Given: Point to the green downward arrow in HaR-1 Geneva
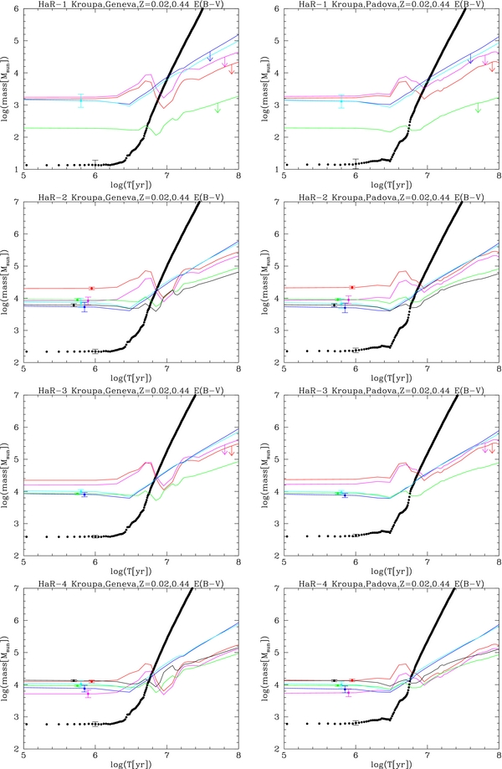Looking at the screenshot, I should [218, 108].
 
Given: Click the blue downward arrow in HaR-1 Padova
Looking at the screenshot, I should [471, 59].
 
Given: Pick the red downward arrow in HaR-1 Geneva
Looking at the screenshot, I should [232, 69].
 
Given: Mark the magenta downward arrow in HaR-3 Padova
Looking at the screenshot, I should [484, 449].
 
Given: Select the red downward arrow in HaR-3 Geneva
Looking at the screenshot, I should [232, 451].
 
